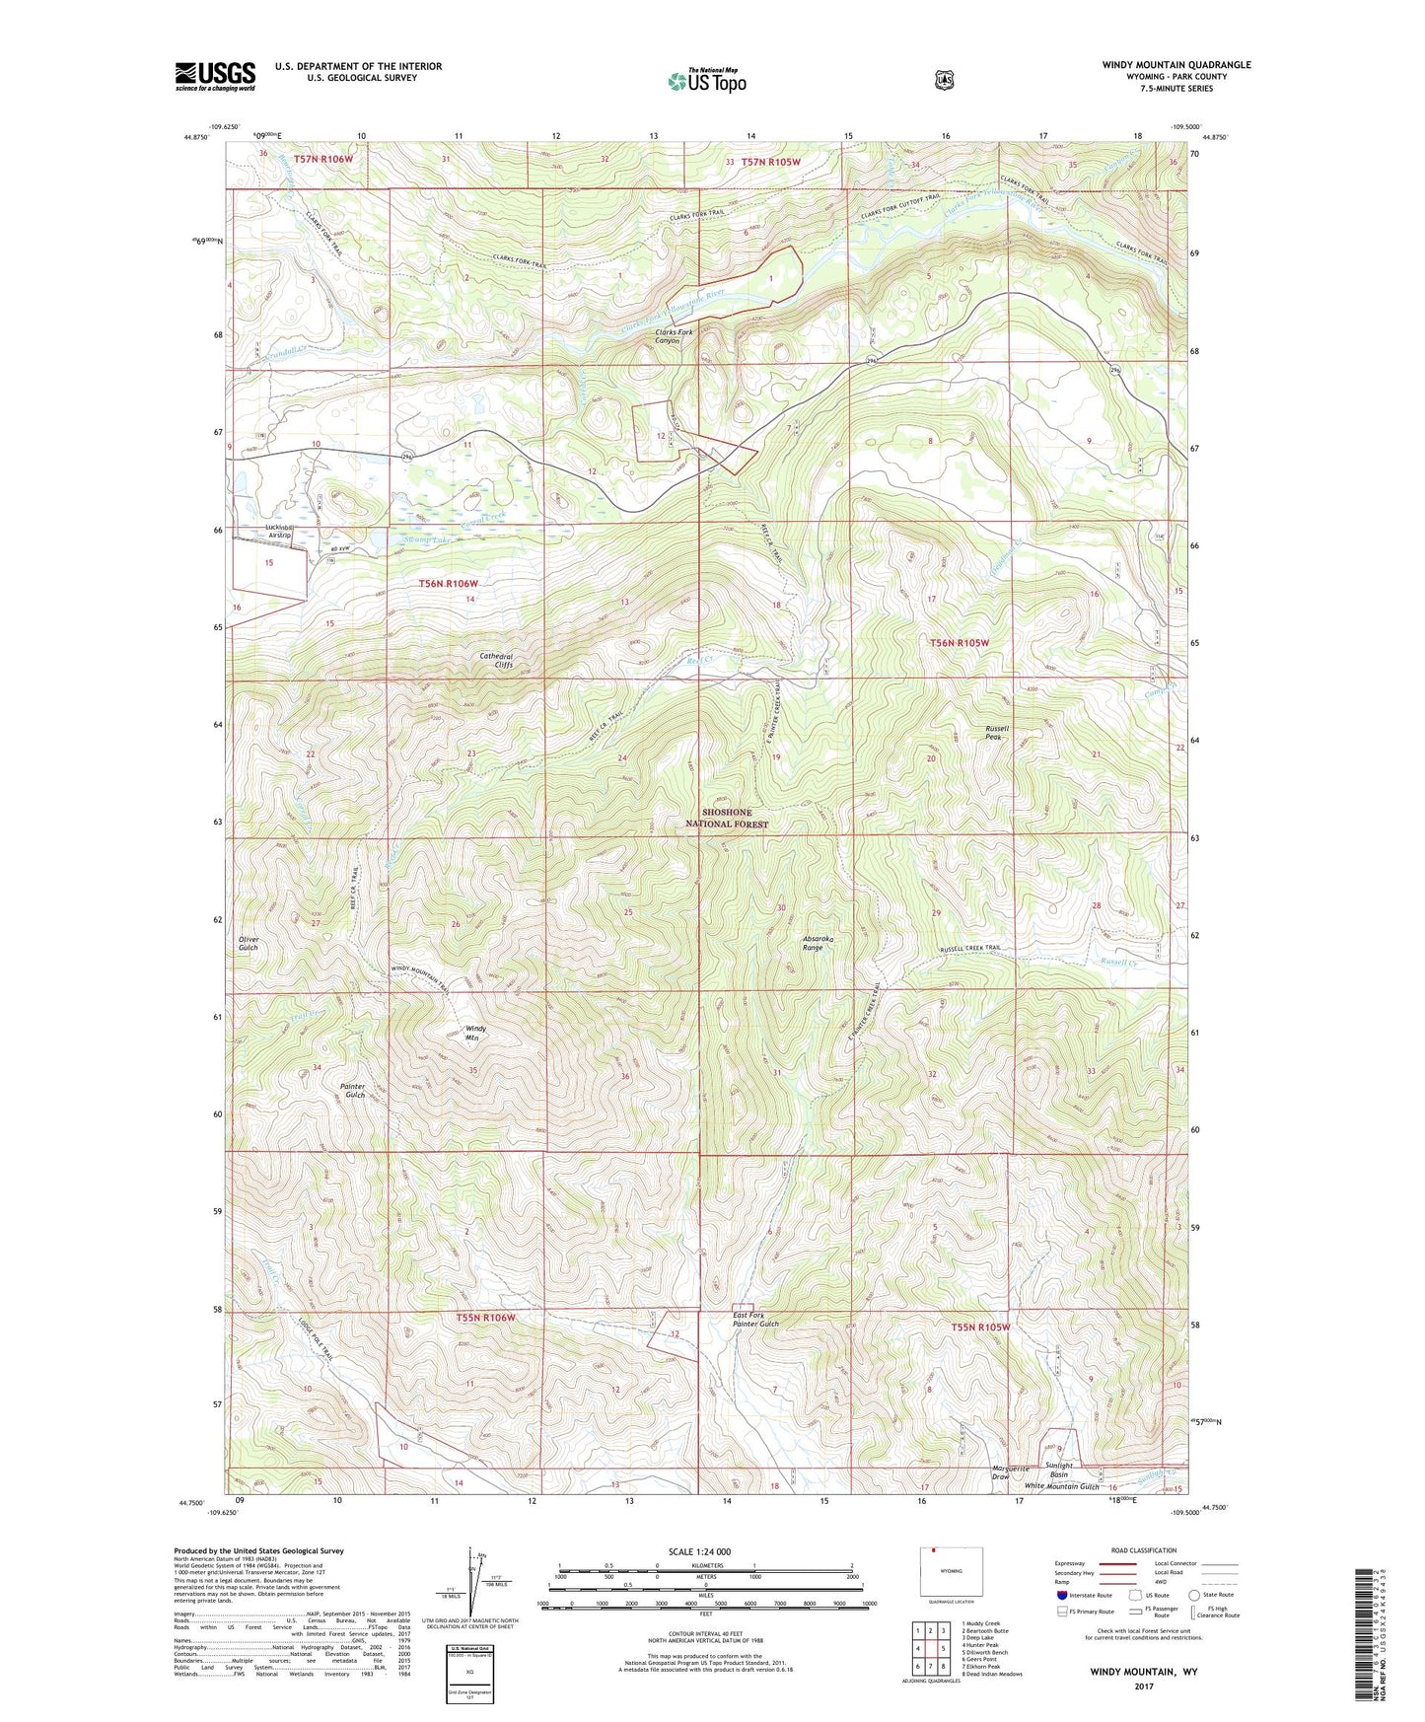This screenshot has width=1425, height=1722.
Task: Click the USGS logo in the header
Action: (x=215, y=76)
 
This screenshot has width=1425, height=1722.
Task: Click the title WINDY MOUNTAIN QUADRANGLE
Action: (x=1176, y=65)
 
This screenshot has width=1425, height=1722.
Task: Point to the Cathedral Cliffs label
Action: (x=496, y=660)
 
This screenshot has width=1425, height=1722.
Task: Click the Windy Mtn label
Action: (x=476, y=1033)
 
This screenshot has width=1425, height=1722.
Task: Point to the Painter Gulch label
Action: (x=352, y=1091)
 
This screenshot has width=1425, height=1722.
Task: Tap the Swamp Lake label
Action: (x=425, y=540)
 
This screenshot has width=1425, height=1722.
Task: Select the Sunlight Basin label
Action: (x=1057, y=1471)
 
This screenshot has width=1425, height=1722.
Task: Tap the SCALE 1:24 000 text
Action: (x=699, y=1551)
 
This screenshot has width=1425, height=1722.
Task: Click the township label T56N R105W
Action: (x=959, y=642)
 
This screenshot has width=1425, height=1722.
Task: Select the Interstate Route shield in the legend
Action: (x=1061, y=1594)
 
